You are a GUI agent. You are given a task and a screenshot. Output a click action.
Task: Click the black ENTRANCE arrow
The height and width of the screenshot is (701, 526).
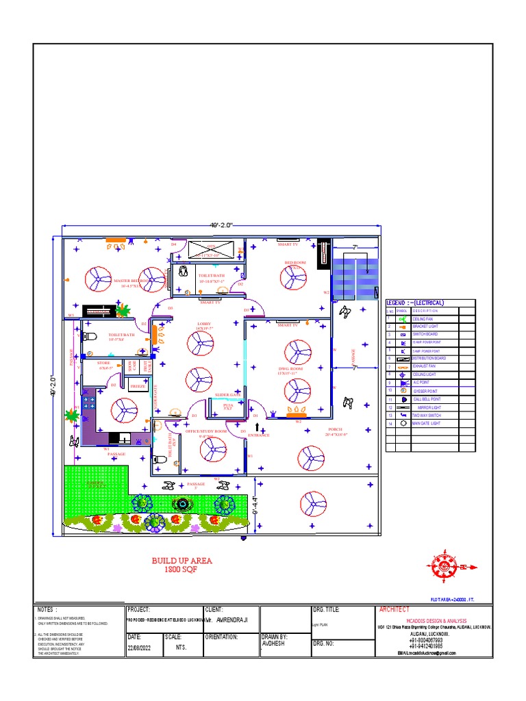coord(258,428)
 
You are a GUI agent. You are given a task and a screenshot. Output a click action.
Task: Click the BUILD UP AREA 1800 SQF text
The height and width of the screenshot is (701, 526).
coord(181,565)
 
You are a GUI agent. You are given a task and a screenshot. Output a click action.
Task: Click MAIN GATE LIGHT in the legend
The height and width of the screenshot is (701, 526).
coord(425,424)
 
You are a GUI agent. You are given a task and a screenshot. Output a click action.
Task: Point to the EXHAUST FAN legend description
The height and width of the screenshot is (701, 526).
coord(424,366)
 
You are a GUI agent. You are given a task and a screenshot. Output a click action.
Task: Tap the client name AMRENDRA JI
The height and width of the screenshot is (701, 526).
coord(232,620)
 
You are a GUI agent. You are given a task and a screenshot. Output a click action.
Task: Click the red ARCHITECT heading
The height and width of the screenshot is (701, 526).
coord(396,609)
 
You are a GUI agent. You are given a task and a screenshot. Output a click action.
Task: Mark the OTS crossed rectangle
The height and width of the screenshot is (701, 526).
coord(210,248)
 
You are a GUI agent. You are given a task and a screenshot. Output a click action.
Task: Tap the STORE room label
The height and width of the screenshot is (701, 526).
coord(104,364)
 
